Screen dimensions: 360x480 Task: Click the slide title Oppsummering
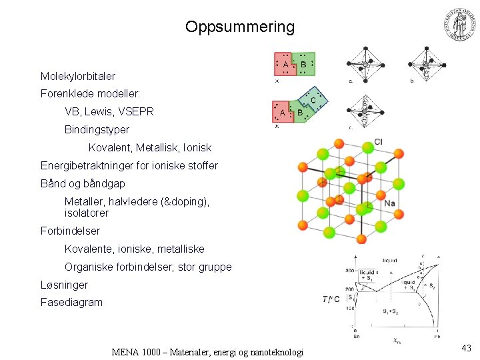coord(239,27)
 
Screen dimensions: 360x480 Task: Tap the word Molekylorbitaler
coord(77,77)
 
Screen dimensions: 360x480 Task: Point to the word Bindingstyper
coord(97,129)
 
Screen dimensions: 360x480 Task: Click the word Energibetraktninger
coord(91,165)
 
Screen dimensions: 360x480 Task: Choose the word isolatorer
coord(87,213)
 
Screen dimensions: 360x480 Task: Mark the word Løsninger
coord(64,285)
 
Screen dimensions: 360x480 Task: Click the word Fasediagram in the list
coord(71,303)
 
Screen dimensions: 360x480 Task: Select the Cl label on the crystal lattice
coord(379,141)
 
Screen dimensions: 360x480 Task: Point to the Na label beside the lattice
coord(390,203)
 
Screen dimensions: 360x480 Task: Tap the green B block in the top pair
coord(304,64)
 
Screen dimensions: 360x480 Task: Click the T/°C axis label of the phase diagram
coord(333,299)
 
